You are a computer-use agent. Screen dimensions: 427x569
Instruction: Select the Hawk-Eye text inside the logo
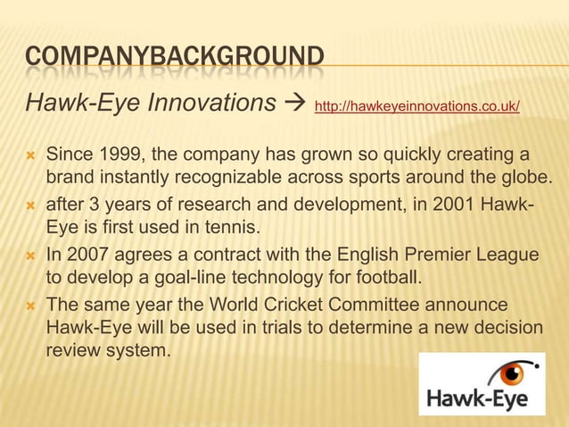[x=482, y=398]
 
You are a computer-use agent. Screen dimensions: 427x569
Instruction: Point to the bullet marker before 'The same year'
[x=30, y=307]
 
